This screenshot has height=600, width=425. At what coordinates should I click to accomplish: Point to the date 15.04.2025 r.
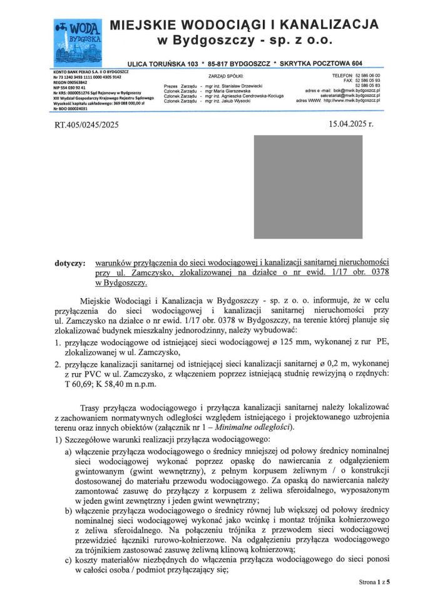tap(351, 124)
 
